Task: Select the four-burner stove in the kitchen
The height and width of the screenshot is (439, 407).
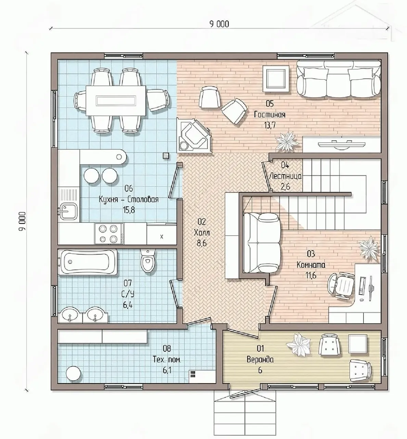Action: click(x=109, y=233)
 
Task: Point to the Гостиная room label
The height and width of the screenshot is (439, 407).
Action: click(x=269, y=115)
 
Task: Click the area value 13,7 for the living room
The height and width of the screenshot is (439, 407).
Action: click(x=270, y=125)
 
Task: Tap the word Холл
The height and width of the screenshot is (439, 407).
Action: click(x=202, y=233)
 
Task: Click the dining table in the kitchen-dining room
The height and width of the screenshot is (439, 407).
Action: click(x=116, y=100)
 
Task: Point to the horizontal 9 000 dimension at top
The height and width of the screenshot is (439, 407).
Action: click(x=219, y=24)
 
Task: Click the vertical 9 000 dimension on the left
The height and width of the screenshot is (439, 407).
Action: click(x=22, y=221)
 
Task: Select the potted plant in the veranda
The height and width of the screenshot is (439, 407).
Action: click(x=299, y=345)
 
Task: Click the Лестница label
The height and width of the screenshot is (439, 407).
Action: click(x=285, y=176)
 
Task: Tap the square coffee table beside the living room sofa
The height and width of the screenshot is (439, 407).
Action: click(x=276, y=79)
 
